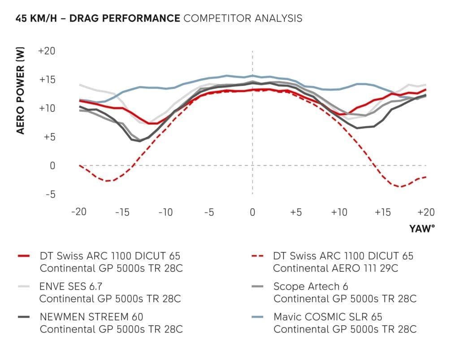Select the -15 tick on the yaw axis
[122, 212]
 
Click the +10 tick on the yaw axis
[339, 212]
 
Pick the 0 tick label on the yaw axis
[252, 212]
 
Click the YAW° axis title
[422, 229]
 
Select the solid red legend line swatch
[24, 256]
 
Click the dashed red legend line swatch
[258, 256]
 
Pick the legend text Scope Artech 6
[310, 286]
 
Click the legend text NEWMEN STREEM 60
[91, 317]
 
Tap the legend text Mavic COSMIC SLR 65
[328, 317]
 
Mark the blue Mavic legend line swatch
[258, 317]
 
